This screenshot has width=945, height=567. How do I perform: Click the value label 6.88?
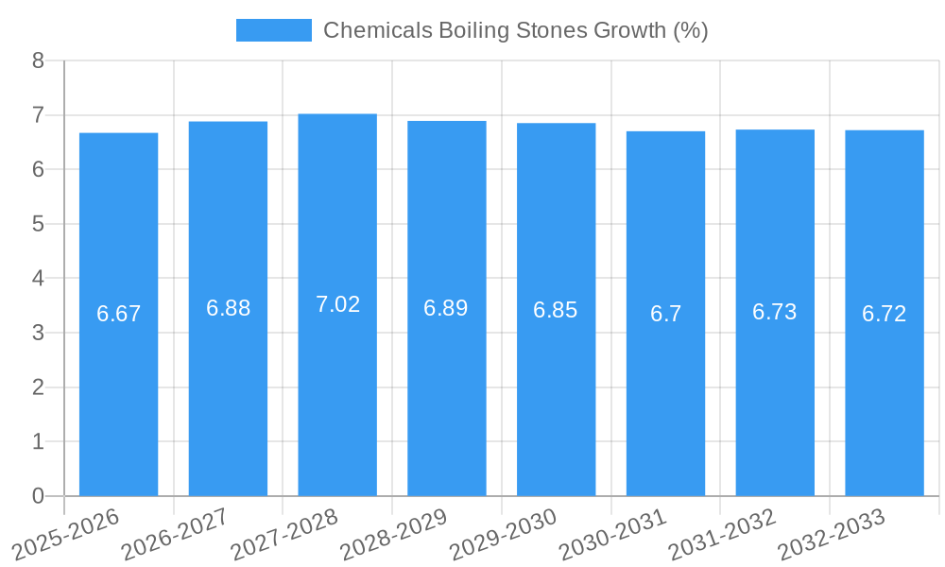coord(228,308)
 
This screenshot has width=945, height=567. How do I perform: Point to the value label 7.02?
coord(337,304)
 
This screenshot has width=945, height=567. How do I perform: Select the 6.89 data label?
coord(446,308)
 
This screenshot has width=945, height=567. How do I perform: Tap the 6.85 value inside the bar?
coord(556,310)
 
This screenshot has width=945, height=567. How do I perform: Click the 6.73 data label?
coord(774,312)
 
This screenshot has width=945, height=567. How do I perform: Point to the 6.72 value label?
coord(884,314)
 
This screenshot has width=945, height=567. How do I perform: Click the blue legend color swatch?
coord(273,30)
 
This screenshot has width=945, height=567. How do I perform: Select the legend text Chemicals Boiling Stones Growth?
coord(515,30)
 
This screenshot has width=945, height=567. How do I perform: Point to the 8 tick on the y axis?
coord(38,60)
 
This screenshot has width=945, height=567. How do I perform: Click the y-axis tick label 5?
coord(38,224)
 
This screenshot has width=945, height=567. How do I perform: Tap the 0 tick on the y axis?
coord(38,496)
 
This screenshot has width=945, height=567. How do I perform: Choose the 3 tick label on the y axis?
coord(38,333)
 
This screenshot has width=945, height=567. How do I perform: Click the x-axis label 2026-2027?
coord(176,534)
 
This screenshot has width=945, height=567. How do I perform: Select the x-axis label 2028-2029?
coord(394,534)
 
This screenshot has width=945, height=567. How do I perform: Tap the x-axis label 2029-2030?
coord(504,534)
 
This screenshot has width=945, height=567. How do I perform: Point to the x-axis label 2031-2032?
coord(722,534)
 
